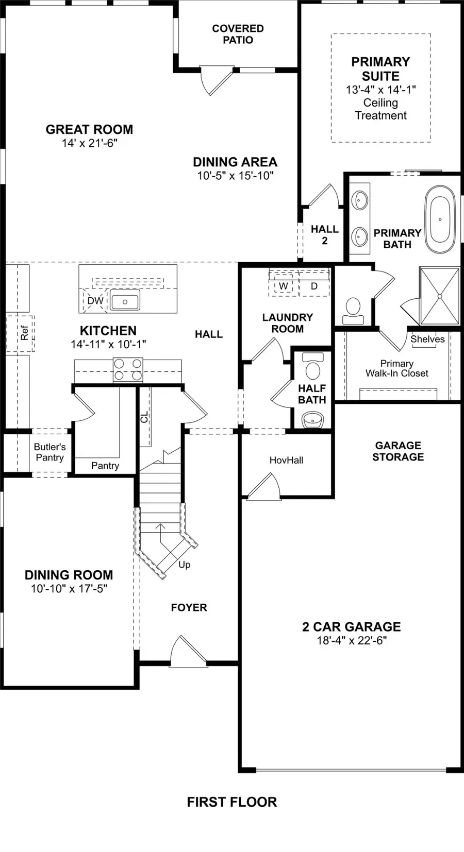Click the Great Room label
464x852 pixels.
pos(89,129)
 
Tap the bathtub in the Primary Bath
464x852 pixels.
pos(440,219)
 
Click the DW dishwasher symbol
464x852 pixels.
pos(95,301)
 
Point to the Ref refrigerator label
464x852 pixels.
pos(24,333)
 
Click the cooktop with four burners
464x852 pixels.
pos(128,370)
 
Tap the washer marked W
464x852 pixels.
pos(283,286)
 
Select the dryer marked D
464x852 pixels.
pos(314,286)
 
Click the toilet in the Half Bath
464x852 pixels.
pos(312,368)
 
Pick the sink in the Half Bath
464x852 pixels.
pos(312,420)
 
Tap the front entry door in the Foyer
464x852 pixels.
pos(188,652)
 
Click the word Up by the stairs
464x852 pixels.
pos(184,565)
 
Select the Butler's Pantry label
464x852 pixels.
pos(49,452)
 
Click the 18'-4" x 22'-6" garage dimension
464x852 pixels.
pos(352,640)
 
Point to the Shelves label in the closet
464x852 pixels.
pos(427,339)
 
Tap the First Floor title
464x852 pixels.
pos(231,802)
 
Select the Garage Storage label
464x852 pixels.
pos(398,451)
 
